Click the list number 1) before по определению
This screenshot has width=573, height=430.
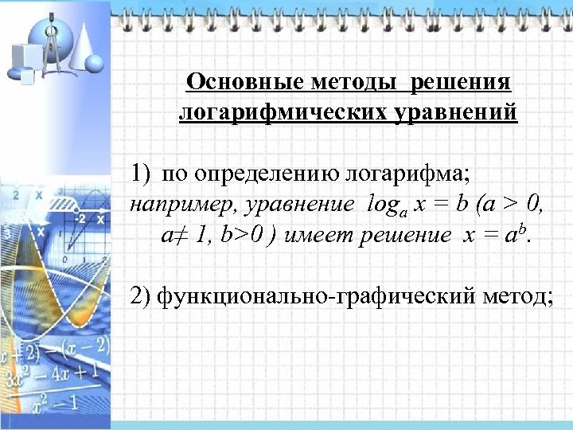pyautogui.click(x=142, y=172)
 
